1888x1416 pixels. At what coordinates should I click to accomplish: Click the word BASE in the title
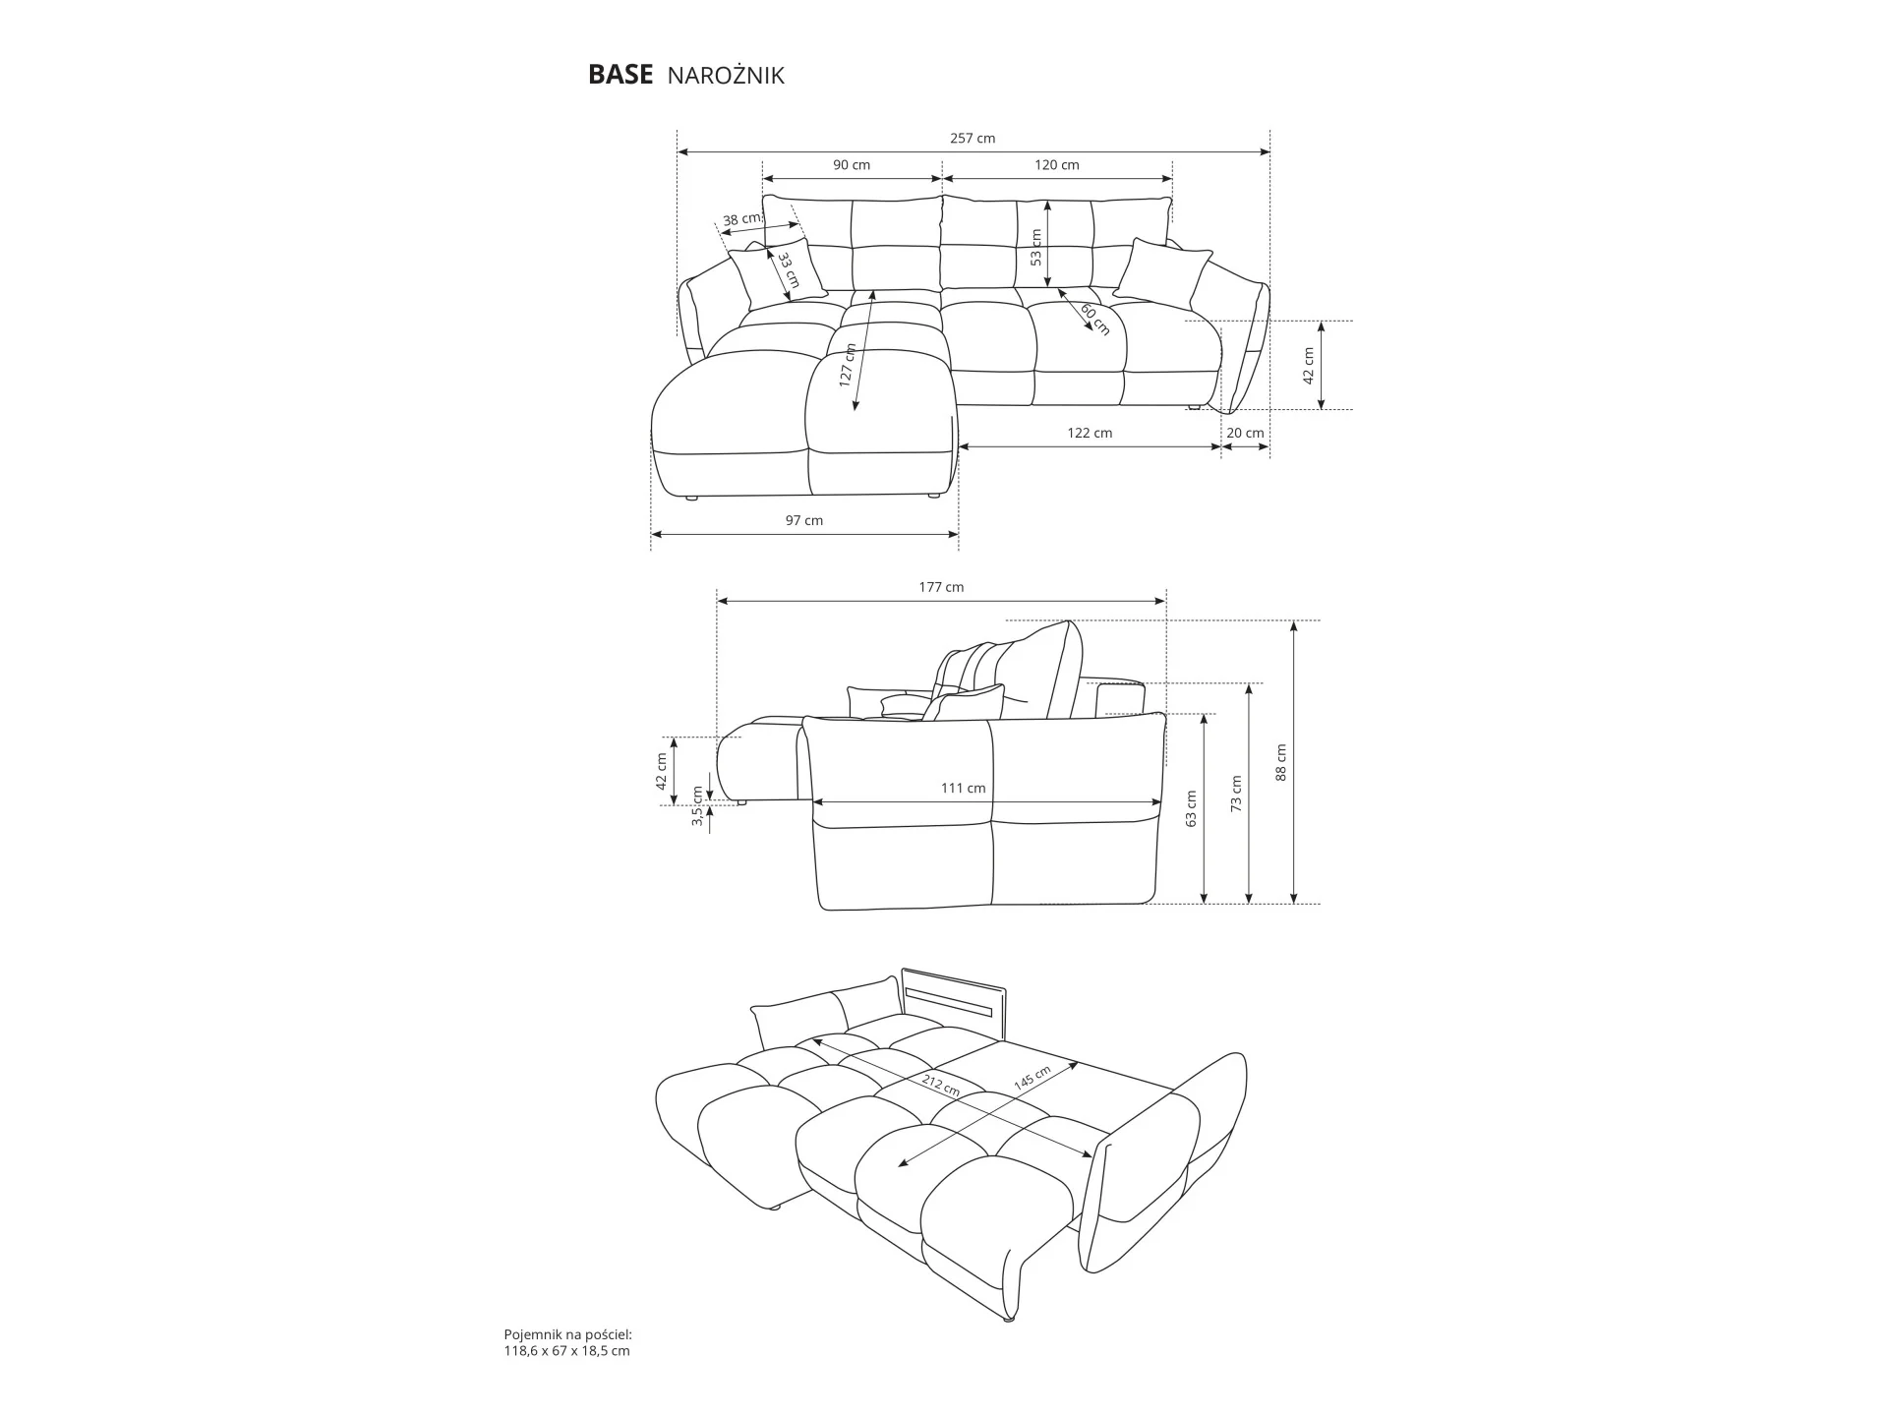click(x=619, y=76)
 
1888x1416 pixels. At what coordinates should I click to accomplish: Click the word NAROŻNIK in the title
click(x=726, y=76)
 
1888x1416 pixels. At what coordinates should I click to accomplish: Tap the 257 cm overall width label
click(x=973, y=139)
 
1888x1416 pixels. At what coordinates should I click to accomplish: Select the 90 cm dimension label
click(x=852, y=165)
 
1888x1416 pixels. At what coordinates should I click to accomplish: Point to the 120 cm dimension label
click(x=1057, y=165)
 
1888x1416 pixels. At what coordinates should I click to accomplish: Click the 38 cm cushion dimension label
click(x=742, y=219)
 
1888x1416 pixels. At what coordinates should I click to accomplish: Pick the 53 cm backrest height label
click(x=1035, y=248)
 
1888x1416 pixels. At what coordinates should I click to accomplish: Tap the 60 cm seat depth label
click(x=1095, y=320)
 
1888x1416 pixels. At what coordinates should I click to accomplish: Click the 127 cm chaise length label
click(x=848, y=366)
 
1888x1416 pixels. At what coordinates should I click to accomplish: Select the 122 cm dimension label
click(x=1090, y=433)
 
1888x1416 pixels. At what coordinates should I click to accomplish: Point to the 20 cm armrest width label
click(x=1246, y=433)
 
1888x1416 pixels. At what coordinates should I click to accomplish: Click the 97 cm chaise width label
click(x=804, y=520)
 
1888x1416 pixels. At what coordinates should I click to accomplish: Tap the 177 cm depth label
click(x=941, y=587)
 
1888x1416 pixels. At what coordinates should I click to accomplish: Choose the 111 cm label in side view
click(x=963, y=788)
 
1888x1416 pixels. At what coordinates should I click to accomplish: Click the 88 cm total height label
click(x=1280, y=762)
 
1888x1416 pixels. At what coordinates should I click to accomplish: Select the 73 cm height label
click(x=1236, y=793)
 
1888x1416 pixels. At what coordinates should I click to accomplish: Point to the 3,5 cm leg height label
click(x=698, y=805)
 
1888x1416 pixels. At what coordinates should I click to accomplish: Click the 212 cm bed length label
click(x=941, y=1085)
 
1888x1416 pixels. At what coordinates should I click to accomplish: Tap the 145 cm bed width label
click(x=1032, y=1077)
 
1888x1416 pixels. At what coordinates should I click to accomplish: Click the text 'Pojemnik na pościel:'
click(x=567, y=1335)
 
